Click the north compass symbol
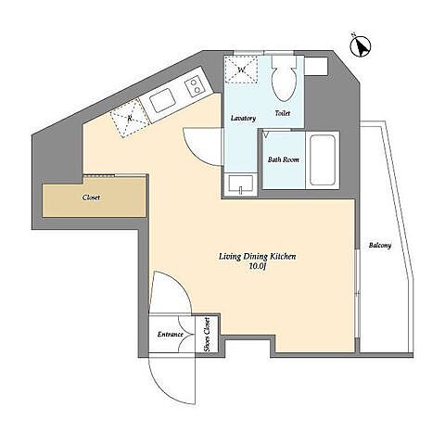(361, 46)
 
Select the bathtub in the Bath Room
(323, 160)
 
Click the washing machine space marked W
(241, 70)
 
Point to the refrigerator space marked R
(130, 119)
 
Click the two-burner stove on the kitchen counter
(195, 86)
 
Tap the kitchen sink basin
(162, 100)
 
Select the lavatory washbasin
(241, 184)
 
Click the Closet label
(92, 197)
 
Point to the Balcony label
(380, 246)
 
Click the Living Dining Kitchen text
(258, 257)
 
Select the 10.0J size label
(258, 266)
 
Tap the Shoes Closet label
(207, 335)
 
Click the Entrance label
(170, 335)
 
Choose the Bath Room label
(284, 159)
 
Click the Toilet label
(283, 113)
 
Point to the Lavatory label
(243, 119)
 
